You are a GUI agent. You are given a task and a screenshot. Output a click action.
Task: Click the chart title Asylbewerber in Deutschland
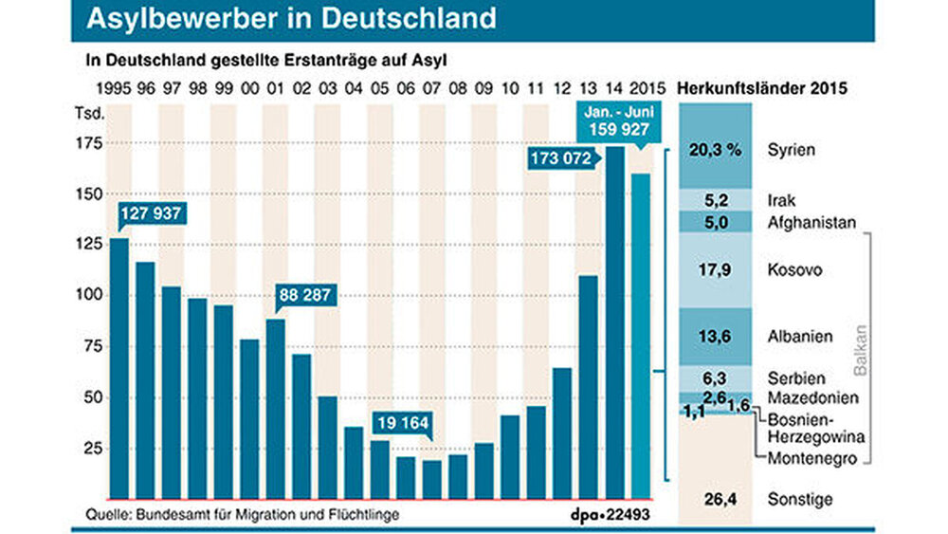point(291,18)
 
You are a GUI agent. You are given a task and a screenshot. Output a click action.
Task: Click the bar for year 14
point(614,322)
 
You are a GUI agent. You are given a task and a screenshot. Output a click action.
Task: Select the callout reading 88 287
point(303,295)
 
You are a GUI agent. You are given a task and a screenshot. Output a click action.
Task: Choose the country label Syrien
point(793,150)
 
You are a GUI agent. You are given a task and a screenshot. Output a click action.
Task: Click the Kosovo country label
point(796,270)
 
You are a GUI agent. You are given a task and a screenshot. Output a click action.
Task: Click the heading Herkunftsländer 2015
point(763,89)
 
